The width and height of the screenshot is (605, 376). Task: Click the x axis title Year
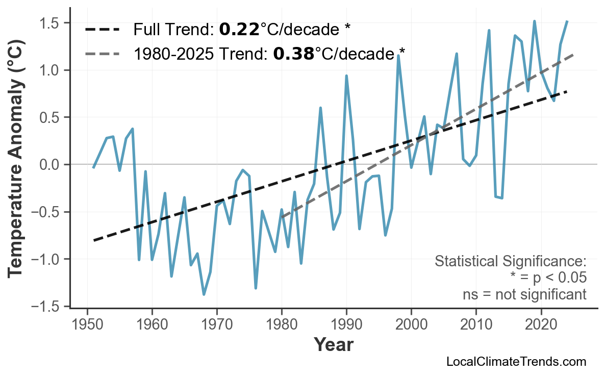tap(333, 345)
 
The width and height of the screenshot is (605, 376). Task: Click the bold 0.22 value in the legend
tap(239, 30)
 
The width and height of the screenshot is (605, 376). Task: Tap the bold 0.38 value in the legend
tap(294, 53)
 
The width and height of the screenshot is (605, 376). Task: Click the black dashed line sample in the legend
tap(103, 30)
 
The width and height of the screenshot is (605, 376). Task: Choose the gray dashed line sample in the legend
tap(103, 53)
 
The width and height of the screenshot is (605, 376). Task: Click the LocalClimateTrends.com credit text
tap(516, 362)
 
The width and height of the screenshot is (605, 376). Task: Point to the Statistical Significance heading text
tap(510, 262)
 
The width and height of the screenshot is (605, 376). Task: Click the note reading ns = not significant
tap(524, 294)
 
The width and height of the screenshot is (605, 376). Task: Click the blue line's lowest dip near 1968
tap(204, 294)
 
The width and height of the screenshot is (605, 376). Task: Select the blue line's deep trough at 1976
tap(256, 288)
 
